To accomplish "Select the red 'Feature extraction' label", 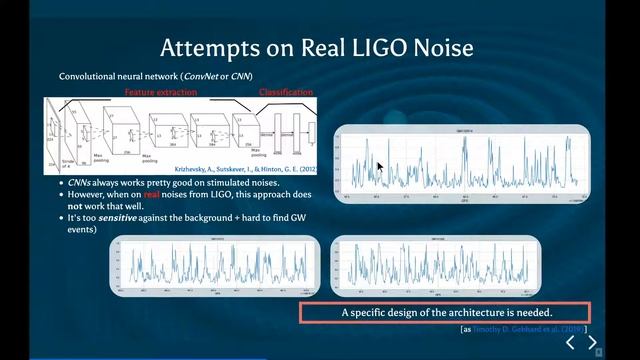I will pos(161,92).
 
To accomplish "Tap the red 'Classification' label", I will pos(286,92).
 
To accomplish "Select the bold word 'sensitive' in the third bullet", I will pos(119,217).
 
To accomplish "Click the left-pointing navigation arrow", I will pos(570,343).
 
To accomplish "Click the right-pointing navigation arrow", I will pos(592,343).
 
